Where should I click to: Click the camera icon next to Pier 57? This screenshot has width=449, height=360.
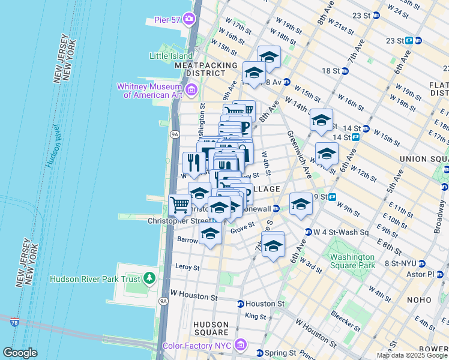[x=190, y=19]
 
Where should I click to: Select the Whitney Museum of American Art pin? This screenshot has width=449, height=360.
[x=191, y=91]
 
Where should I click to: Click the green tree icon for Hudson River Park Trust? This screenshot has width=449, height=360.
[x=149, y=278]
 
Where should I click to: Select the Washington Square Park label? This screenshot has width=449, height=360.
[x=352, y=261]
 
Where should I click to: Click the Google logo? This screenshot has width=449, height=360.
[x=20, y=353]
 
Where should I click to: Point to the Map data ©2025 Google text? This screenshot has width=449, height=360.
[x=412, y=355]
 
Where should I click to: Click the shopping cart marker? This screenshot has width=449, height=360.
[x=179, y=205]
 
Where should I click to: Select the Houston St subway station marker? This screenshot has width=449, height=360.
[x=241, y=304]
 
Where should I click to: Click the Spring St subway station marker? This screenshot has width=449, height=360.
[x=260, y=353]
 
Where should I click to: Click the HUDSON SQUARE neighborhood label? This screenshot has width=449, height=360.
[x=211, y=328]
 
